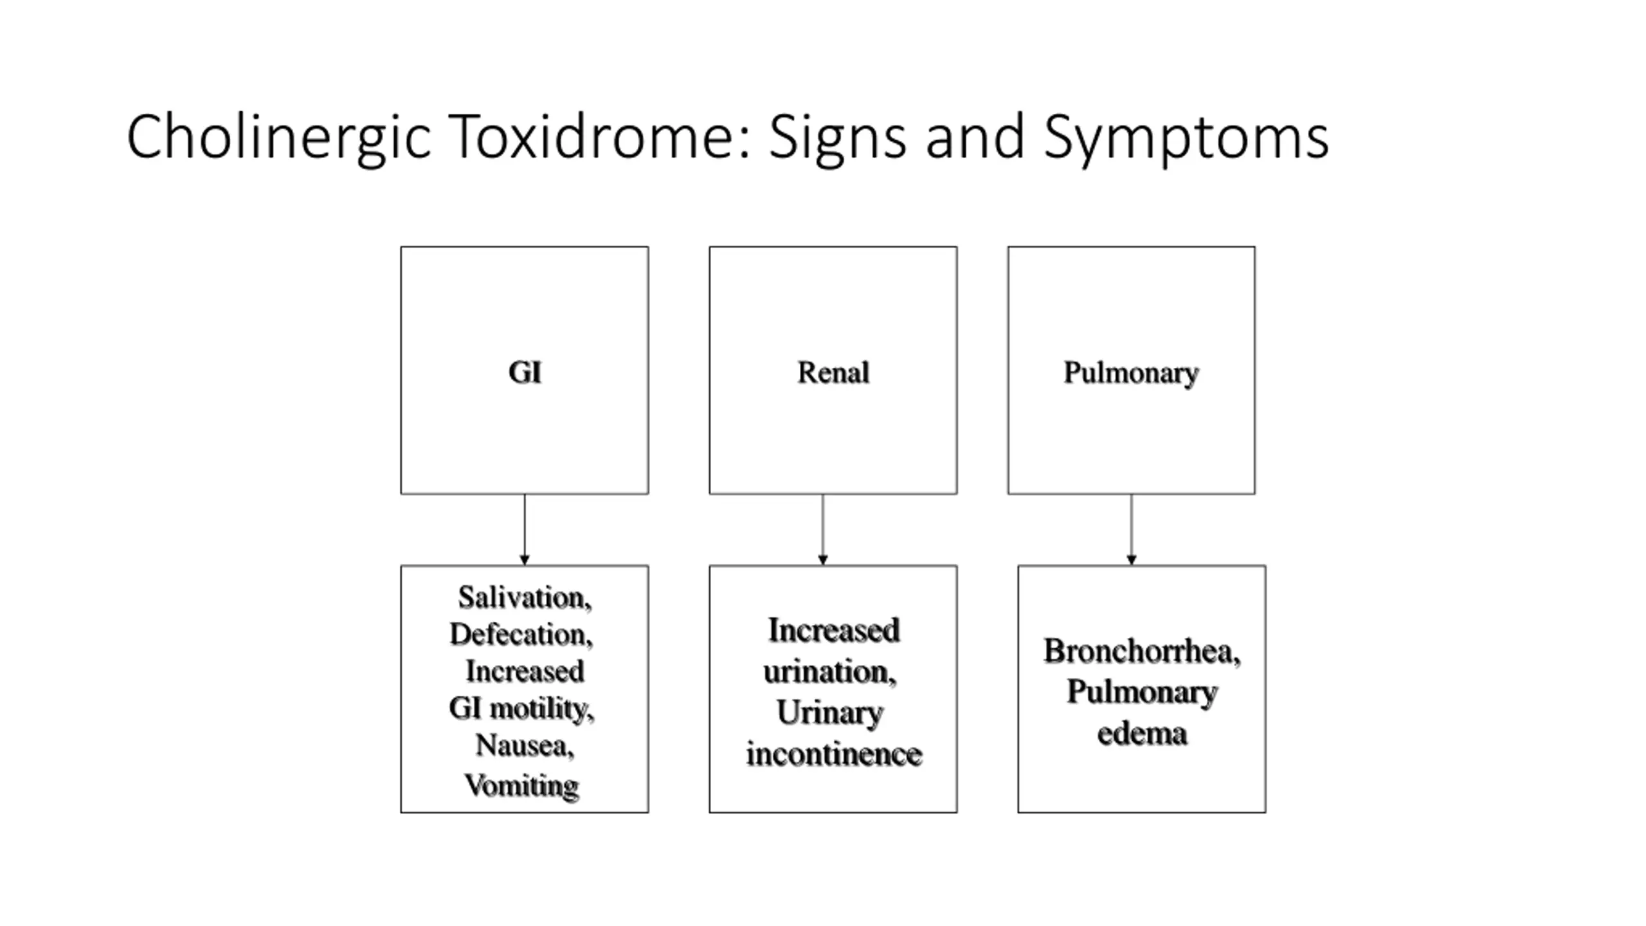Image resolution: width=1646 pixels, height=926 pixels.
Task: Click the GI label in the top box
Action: [525, 372]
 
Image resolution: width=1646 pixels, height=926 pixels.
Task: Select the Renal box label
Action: [833, 372]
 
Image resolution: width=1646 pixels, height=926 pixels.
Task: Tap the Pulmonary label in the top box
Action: [1131, 374]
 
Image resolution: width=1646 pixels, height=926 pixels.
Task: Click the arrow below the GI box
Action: [525, 530]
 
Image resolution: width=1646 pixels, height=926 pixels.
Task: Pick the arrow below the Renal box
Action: [823, 530]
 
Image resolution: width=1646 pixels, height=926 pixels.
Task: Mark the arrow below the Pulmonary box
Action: [1132, 530]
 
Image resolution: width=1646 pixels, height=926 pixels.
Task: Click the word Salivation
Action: [524, 598]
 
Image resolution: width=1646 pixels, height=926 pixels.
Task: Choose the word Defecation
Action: [521, 635]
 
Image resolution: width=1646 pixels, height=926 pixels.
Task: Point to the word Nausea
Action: [525, 746]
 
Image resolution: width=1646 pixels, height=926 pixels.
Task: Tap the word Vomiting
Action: [521, 786]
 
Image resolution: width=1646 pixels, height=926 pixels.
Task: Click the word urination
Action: [829, 672]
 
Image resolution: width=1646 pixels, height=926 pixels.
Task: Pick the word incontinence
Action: [834, 754]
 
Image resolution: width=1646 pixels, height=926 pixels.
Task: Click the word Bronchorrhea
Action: [1142, 651]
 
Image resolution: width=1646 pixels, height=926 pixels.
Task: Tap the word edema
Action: [1142, 734]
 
